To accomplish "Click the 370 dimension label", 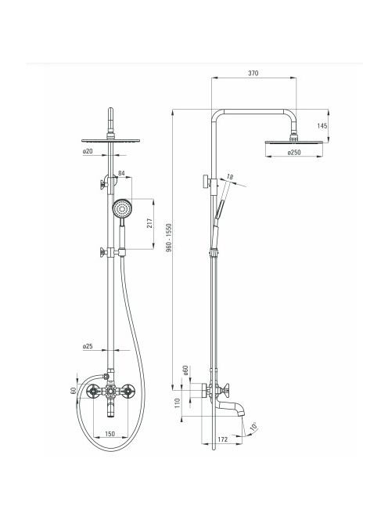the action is pyautogui.click(x=253, y=74).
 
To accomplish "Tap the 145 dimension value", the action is pyautogui.click(x=322, y=126).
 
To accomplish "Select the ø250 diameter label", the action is pyautogui.click(x=294, y=153).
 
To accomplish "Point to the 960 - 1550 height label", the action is pyautogui.click(x=169, y=237).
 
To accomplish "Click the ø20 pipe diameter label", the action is pyautogui.click(x=88, y=151).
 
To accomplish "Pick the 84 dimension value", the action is pyautogui.click(x=121, y=173).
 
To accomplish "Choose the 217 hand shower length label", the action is pyautogui.click(x=149, y=223).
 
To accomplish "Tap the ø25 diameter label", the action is pyautogui.click(x=88, y=346).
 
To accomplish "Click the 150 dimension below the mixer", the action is pyautogui.click(x=110, y=434).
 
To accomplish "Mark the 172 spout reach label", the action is pyautogui.click(x=223, y=439).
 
